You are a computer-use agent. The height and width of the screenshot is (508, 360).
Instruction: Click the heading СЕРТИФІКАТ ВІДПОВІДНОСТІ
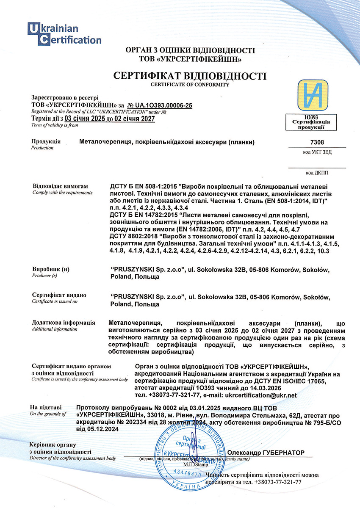click(x=190, y=76)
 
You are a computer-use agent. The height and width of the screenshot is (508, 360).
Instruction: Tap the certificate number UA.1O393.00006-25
click(x=161, y=105)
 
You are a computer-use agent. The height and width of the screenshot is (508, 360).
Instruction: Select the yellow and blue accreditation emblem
click(x=311, y=95)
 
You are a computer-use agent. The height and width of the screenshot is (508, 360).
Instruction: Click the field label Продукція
click(x=46, y=141)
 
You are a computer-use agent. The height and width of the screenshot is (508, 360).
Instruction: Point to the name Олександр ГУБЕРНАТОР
click(x=266, y=453)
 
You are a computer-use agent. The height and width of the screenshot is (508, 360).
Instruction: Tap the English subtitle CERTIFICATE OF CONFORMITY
click(x=190, y=85)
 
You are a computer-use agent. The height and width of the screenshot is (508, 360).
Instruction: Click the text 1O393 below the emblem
click(x=311, y=116)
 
